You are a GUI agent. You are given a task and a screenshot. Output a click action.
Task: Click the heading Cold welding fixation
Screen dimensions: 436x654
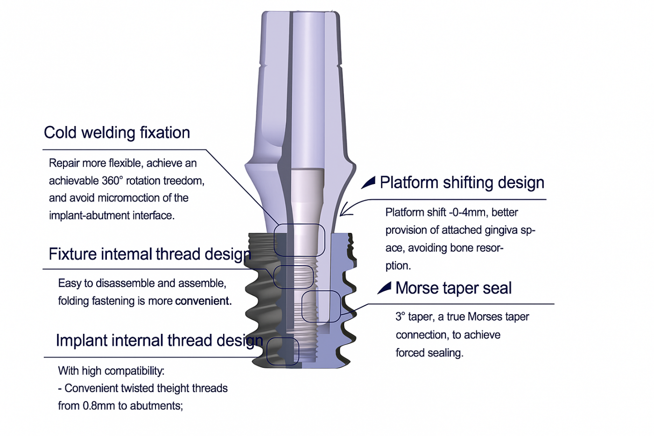click(x=117, y=133)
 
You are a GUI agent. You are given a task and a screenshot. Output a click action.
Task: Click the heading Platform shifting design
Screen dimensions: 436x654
click(x=462, y=183)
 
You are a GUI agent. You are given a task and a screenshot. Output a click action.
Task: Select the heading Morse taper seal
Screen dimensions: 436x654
click(x=453, y=288)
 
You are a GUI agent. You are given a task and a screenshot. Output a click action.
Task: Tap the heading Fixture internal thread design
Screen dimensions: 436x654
click(x=149, y=254)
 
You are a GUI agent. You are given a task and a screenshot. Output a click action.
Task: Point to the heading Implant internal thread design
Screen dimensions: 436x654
click(x=159, y=340)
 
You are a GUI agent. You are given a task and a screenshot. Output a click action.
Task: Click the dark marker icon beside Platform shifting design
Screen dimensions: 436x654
click(x=368, y=183)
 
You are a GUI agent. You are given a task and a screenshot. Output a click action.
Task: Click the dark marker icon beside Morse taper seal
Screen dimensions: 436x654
click(x=384, y=288)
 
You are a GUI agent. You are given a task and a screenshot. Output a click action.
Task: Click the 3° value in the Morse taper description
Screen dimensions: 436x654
click(x=400, y=317)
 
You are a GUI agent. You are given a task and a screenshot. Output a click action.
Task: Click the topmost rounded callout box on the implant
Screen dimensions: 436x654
click(x=299, y=240)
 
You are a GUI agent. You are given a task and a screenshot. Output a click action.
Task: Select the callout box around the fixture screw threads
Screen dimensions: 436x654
click(x=294, y=277)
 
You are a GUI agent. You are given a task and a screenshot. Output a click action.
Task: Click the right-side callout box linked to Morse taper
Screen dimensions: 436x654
click(x=321, y=306)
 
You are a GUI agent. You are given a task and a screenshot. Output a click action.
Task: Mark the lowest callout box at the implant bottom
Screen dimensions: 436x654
click(x=282, y=351)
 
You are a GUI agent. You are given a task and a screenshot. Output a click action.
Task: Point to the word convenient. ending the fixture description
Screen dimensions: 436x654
click(x=203, y=301)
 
